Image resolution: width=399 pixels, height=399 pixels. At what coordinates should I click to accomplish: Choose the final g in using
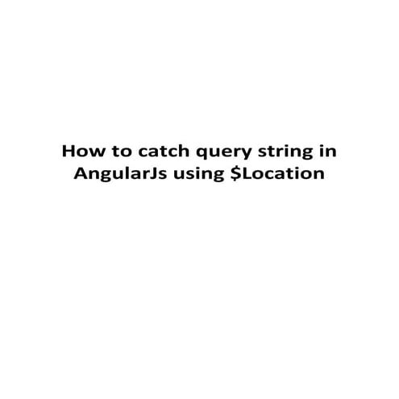coord(216,177)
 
